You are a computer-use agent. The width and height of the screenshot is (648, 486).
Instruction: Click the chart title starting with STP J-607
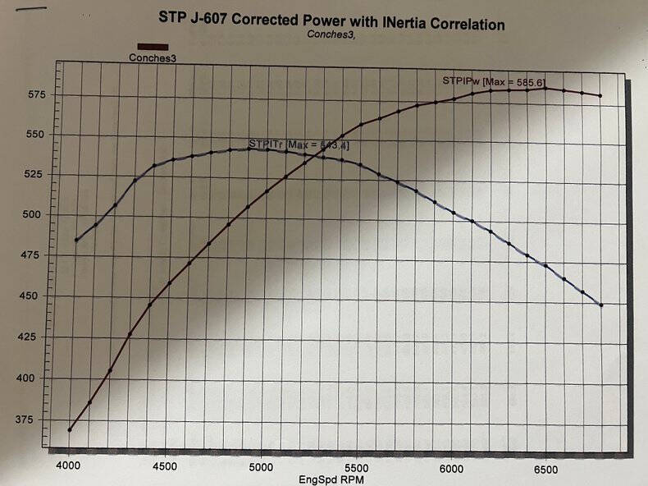click(x=336, y=23)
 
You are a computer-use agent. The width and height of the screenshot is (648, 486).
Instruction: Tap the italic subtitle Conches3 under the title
click(x=331, y=35)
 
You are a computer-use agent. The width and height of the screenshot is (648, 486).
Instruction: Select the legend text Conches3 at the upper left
click(x=152, y=58)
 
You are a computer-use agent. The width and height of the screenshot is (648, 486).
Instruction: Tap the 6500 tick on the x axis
click(x=545, y=470)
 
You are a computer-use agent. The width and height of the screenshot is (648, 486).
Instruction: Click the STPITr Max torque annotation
click(x=299, y=144)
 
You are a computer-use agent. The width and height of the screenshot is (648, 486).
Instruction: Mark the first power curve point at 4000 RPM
click(x=70, y=429)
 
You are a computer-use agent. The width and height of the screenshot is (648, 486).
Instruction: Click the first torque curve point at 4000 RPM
click(x=76, y=240)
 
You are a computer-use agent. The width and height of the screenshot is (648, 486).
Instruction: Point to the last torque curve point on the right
click(x=601, y=305)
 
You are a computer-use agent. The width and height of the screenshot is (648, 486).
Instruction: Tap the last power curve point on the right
click(x=600, y=96)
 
